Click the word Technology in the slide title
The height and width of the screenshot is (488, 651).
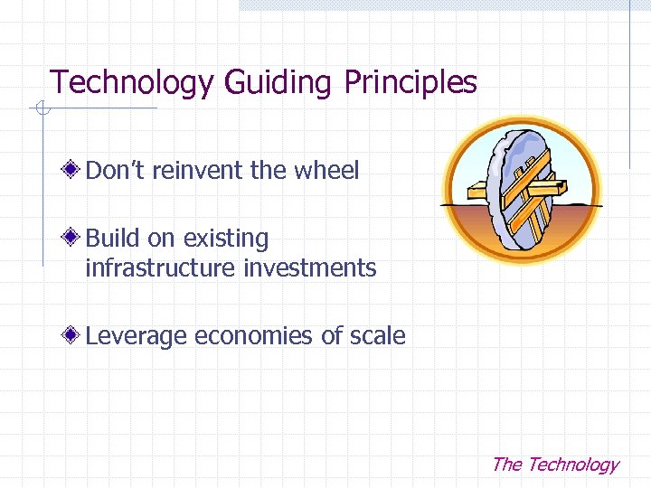click(131, 83)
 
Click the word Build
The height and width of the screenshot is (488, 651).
click(113, 239)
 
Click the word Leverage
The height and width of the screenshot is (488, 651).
click(136, 336)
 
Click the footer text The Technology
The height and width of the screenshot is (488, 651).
click(554, 465)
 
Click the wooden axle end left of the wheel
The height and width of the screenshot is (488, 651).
click(477, 192)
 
